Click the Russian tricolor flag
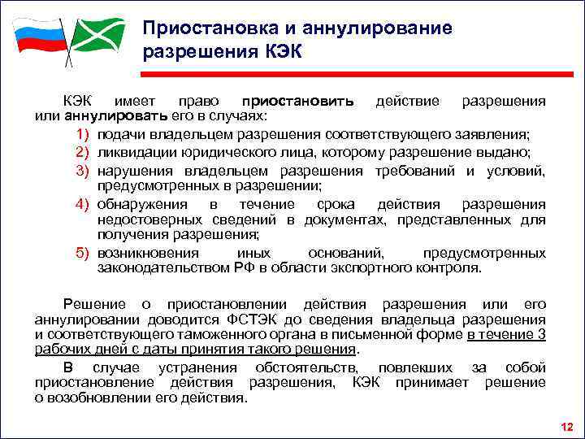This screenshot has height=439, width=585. (37, 36)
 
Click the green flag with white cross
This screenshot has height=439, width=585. (96, 35)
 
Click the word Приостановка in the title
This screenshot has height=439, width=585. (192, 29)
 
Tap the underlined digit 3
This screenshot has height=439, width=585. (541, 335)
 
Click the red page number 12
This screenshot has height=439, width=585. (566, 426)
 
